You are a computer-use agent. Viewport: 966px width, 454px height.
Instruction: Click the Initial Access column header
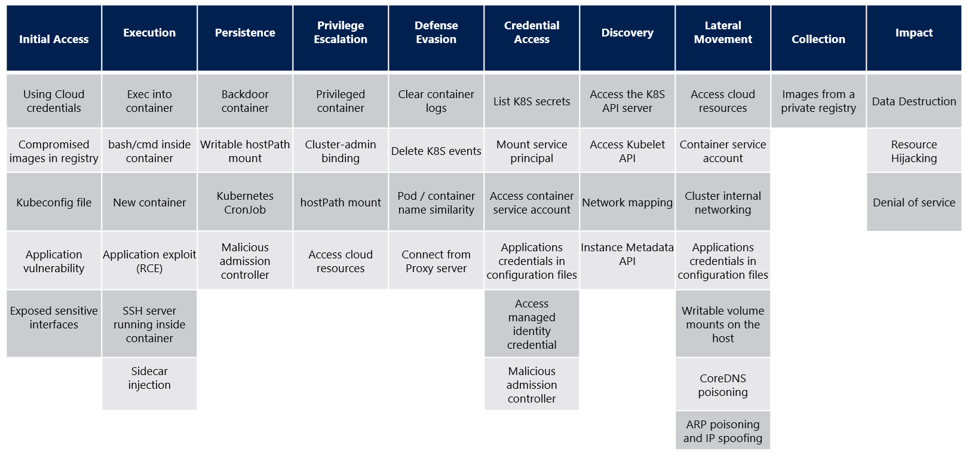pyautogui.click(x=54, y=39)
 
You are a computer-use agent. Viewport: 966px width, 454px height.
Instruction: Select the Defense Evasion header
pyautogui.click(x=436, y=33)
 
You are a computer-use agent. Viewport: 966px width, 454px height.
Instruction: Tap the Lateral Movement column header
pyautogui.click(x=723, y=33)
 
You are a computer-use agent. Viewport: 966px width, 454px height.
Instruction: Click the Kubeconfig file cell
pyautogui.click(x=54, y=202)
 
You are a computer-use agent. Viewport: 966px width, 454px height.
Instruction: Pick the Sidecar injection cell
pyautogui.click(x=149, y=378)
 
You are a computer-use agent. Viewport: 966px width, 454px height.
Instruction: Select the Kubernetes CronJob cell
pyautogui.click(x=245, y=202)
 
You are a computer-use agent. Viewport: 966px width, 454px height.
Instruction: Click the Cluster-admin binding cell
pyautogui.click(x=341, y=151)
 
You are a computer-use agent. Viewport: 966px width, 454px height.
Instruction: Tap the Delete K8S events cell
pyautogui.click(x=436, y=151)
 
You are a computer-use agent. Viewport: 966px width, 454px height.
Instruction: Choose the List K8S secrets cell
pyautogui.click(x=532, y=101)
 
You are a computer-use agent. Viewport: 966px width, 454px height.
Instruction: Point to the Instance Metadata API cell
pyautogui.click(x=627, y=254)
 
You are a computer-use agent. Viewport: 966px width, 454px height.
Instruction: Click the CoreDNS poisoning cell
pyautogui.click(x=723, y=385)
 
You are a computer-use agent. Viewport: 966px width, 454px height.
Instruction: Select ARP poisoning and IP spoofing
pyautogui.click(x=723, y=431)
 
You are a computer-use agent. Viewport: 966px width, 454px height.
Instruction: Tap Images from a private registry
pyautogui.click(x=818, y=101)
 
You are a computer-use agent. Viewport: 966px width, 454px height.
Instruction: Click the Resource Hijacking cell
pyautogui.click(x=914, y=151)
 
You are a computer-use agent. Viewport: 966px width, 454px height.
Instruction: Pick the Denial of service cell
pyautogui.click(x=914, y=202)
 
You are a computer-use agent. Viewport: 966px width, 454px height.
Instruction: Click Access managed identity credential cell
pyautogui.click(x=532, y=324)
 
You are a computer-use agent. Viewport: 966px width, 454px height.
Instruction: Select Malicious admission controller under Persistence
pyautogui.click(x=245, y=261)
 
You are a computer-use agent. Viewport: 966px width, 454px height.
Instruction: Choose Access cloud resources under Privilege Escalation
pyautogui.click(x=341, y=261)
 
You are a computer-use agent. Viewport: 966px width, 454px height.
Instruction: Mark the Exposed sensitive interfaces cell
pyautogui.click(x=54, y=318)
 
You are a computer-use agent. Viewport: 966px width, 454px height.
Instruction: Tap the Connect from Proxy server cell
pyautogui.click(x=436, y=261)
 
